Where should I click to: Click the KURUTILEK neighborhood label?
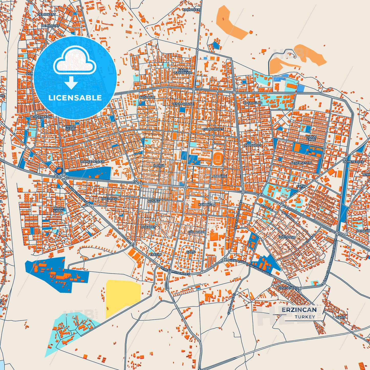(191, 10)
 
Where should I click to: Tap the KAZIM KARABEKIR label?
(183, 71)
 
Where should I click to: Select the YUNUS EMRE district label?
(311, 138)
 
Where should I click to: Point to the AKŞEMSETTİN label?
(301, 163)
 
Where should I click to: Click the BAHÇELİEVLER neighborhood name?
(92, 162)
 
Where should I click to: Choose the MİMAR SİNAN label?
(58, 209)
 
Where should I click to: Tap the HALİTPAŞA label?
(110, 199)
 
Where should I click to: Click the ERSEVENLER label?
(288, 288)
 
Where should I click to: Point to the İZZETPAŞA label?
(287, 237)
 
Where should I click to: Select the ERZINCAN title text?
(299, 310)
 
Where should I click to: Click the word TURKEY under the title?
(305, 317)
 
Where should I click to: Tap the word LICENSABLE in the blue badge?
(75, 98)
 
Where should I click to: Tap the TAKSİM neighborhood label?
(156, 255)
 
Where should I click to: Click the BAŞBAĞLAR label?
(253, 103)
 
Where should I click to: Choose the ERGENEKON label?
(42, 117)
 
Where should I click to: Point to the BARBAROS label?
(253, 145)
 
